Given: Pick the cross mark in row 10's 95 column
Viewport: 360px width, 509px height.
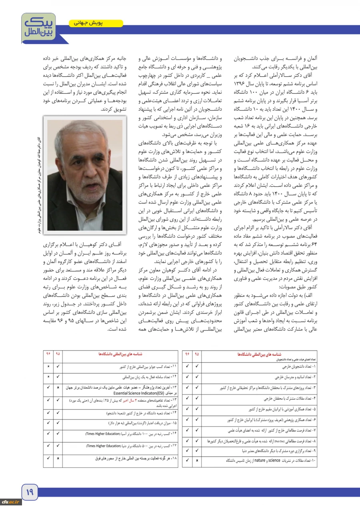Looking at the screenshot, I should click(197, 461).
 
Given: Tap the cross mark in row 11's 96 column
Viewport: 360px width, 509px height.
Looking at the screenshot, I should click(48, 366).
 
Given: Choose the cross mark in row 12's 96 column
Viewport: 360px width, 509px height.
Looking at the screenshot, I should click(48, 377).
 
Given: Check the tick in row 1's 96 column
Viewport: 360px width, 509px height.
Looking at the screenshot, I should click(187, 366).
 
